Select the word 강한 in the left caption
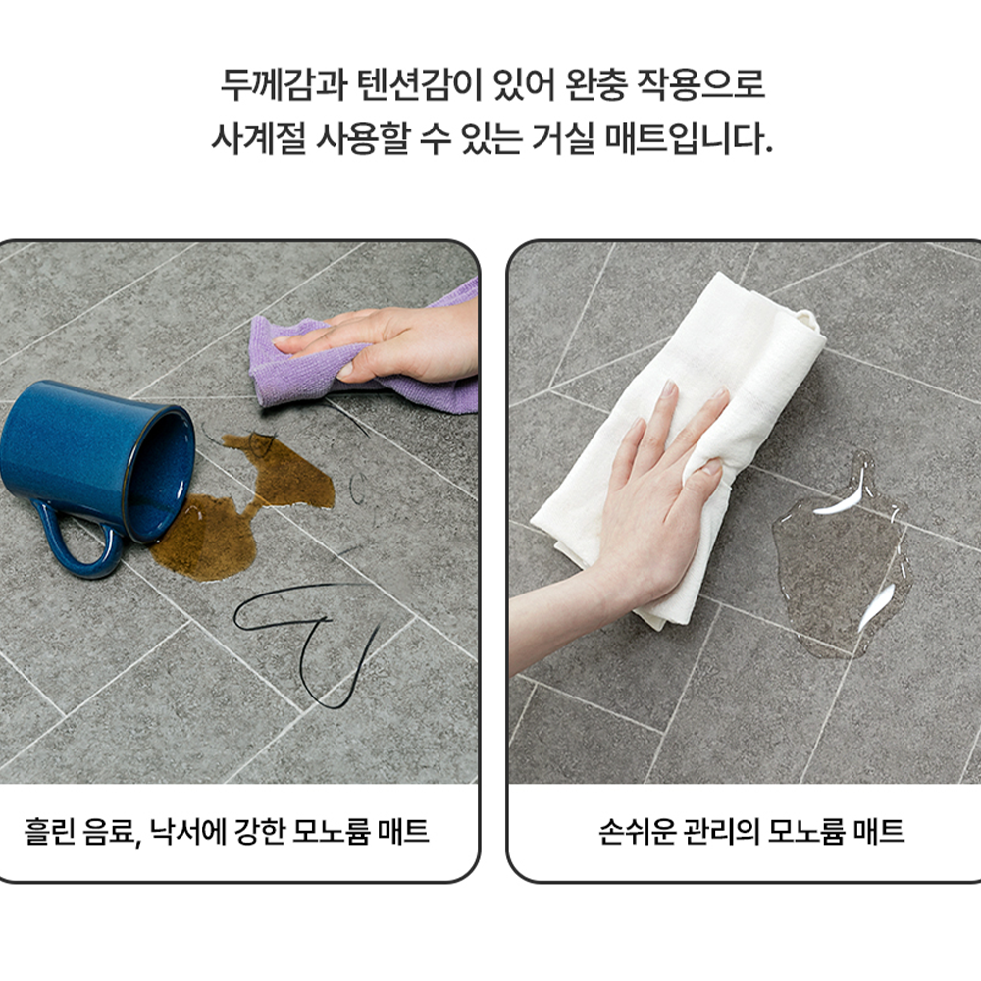pyautogui.click(x=260, y=833)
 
